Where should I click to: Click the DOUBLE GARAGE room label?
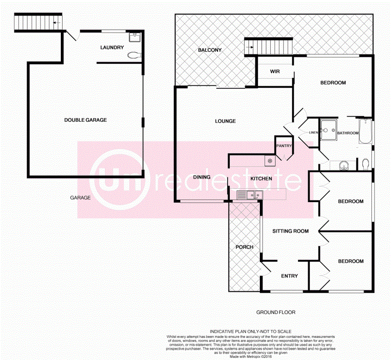click(x=85, y=120)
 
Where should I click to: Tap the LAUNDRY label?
click(x=112, y=48)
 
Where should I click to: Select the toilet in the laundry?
click(x=133, y=56)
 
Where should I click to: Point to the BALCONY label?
click(x=209, y=50)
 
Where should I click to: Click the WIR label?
click(x=275, y=71)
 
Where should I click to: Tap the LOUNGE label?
click(x=225, y=121)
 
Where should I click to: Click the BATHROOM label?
click(x=347, y=133)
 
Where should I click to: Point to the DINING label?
click(x=202, y=177)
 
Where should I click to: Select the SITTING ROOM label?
click(x=290, y=231)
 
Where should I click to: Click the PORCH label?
click(x=244, y=247)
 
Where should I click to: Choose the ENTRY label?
click(x=290, y=276)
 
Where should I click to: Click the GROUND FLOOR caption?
click(x=275, y=312)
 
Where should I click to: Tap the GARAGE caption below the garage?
click(x=80, y=198)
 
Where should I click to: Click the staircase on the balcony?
click(x=269, y=45)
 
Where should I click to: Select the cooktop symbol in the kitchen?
click(x=269, y=160)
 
